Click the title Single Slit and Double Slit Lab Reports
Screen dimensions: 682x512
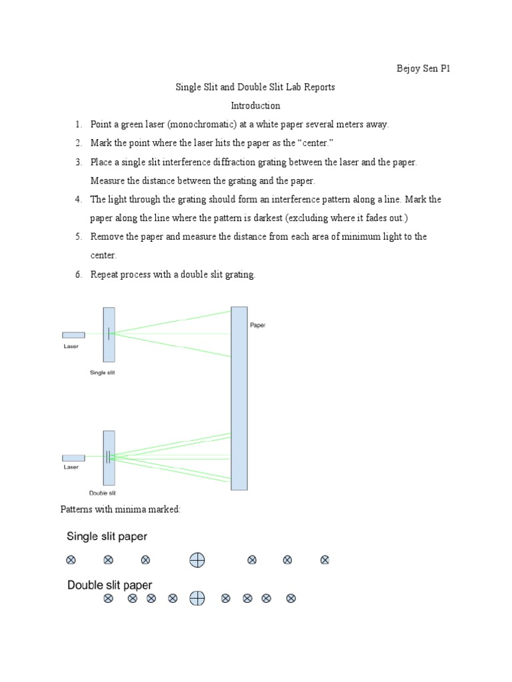(255, 87)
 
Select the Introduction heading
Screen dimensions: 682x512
(255, 106)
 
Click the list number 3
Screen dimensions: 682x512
(78, 162)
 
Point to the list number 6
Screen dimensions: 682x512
(78, 274)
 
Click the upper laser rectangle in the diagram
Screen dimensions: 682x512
(73, 335)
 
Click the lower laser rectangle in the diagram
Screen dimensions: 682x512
(73, 458)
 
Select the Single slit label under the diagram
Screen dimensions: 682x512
(102, 373)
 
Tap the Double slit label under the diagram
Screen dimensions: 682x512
(102, 494)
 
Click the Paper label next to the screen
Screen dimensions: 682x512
(257, 326)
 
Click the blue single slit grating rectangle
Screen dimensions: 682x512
(109, 334)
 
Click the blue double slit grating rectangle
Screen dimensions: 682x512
(109, 458)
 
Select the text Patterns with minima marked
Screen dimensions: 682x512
(121, 510)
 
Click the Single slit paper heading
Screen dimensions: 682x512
(107, 536)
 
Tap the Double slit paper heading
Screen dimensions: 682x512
(110, 585)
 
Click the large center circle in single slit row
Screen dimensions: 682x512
(197, 560)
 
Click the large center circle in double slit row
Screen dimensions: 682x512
(197, 599)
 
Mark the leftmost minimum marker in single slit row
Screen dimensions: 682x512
(71, 560)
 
